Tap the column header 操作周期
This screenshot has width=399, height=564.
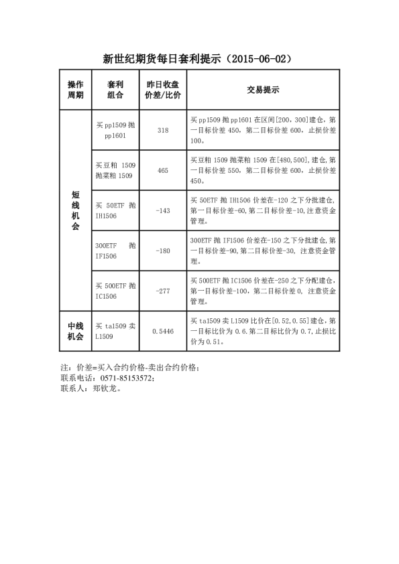[x=76, y=89]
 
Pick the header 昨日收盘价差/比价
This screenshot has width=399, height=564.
[x=162, y=89]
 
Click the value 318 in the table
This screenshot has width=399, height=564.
[x=162, y=130]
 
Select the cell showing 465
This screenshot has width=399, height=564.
[x=162, y=170]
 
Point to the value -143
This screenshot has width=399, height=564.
[x=162, y=210]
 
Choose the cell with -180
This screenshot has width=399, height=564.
[x=162, y=251]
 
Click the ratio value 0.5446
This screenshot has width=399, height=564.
[x=162, y=331]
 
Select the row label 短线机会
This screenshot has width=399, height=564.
[x=76, y=210]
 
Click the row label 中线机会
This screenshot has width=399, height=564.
[x=76, y=331]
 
